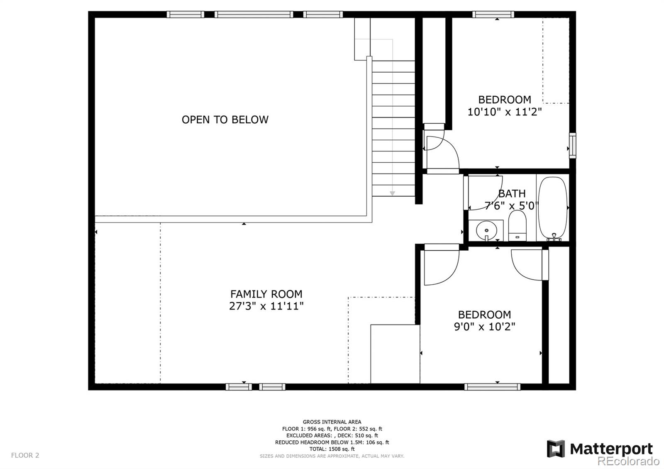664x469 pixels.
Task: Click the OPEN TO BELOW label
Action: pos(225,120)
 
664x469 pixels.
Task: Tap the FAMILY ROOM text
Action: pos(266,294)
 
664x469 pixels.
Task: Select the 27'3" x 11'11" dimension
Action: pos(266,306)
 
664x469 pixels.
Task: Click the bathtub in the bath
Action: pos(552,208)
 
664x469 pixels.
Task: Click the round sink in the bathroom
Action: pos(486,230)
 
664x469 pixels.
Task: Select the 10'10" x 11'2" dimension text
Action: pos(505,112)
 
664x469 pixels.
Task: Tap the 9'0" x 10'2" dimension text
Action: pos(484,327)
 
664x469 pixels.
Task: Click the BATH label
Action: pos(512,193)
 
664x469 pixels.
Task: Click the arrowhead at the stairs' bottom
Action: pos(392,193)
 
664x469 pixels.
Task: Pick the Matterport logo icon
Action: pos(556,449)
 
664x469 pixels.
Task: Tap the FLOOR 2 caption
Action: pos(25,455)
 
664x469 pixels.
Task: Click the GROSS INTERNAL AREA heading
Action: pos(332,422)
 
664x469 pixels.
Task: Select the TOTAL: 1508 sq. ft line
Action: pos(332,449)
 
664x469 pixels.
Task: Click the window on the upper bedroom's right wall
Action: pos(572,145)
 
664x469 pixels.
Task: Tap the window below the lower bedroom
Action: pos(492,387)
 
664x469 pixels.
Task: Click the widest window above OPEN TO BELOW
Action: pos(254,15)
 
